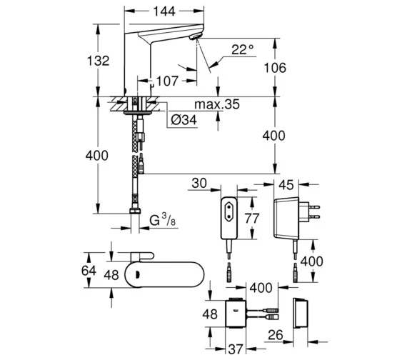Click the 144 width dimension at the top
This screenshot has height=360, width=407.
click(164, 11)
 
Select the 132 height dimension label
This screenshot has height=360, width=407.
click(98, 61)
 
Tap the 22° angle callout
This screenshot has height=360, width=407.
click(242, 49)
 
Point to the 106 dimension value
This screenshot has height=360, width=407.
click(275, 68)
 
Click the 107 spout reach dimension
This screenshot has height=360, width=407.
click(167, 81)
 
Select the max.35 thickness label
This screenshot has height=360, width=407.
click(217, 104)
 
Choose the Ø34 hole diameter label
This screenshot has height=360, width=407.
click(184, 120)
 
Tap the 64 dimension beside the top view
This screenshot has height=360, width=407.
click(89, 271)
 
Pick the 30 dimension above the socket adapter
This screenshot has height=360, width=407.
click(199, 183)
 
